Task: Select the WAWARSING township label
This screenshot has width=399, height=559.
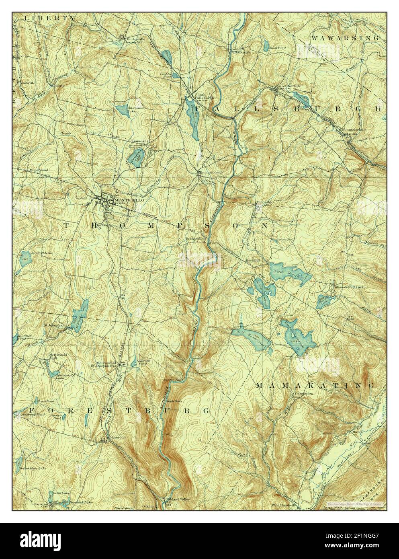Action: pyautogui.click(x=345, y=37)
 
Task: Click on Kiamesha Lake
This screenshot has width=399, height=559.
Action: pyautogui.click(x=138, y=154)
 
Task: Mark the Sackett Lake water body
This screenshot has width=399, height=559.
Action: pyautogui.click(x=25, y=257)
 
